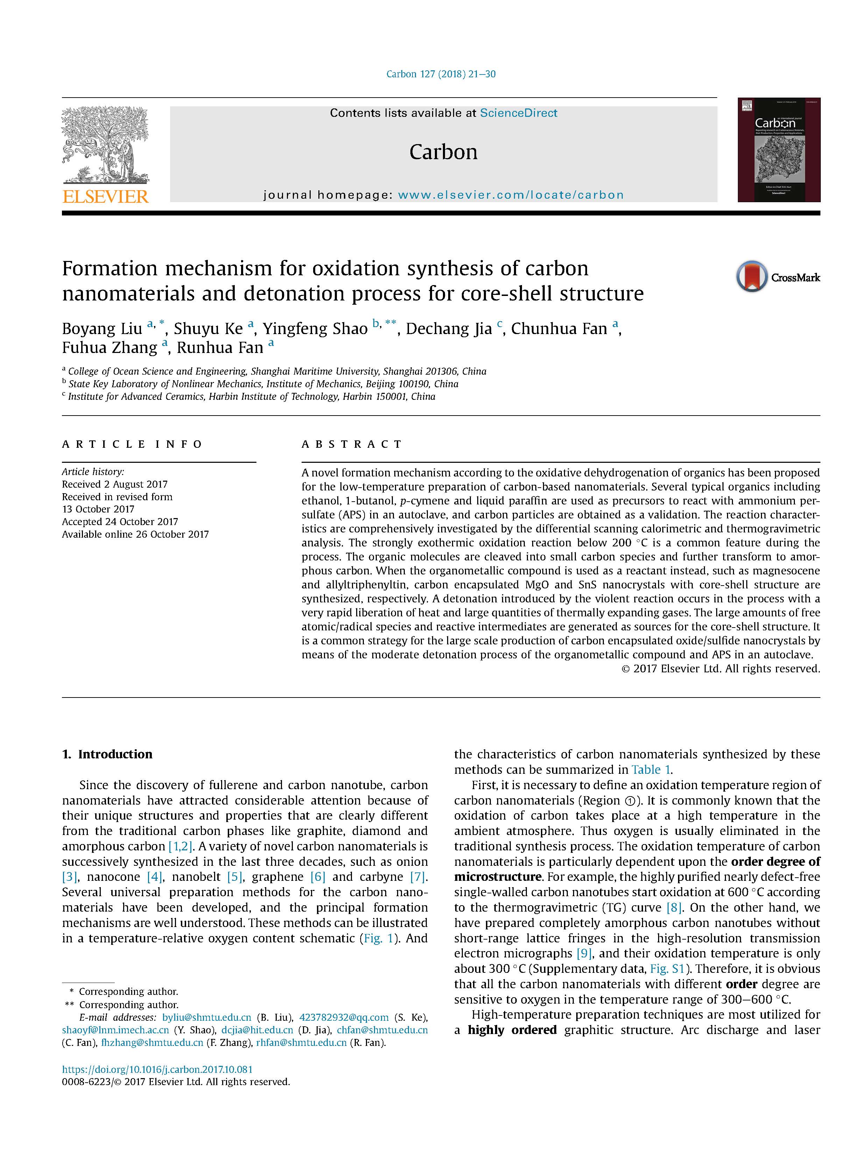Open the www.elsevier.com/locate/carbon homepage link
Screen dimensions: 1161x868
tap(511, 195)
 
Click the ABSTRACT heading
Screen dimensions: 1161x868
tap(352, 444)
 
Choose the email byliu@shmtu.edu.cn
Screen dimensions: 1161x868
tap(207, 1017)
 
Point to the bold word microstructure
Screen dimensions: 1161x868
tap(497, 877)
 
